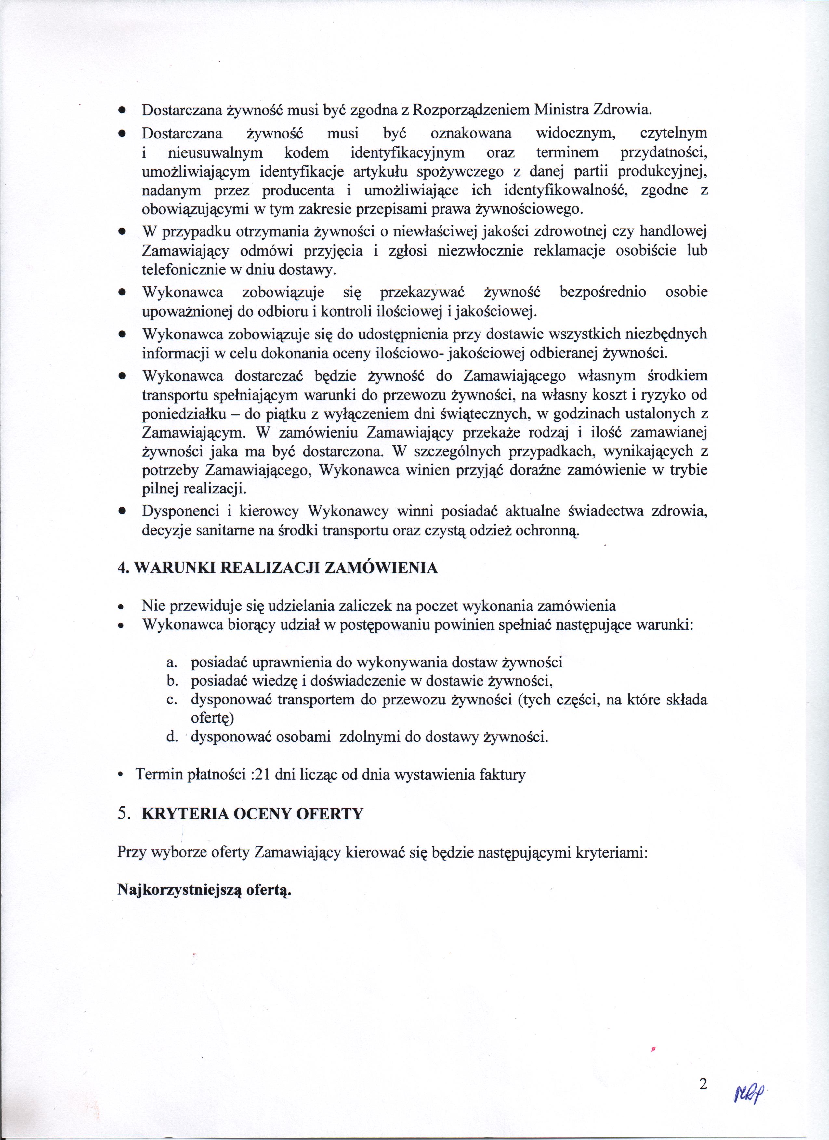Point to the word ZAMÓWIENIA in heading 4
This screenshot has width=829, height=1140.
(382, 568)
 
